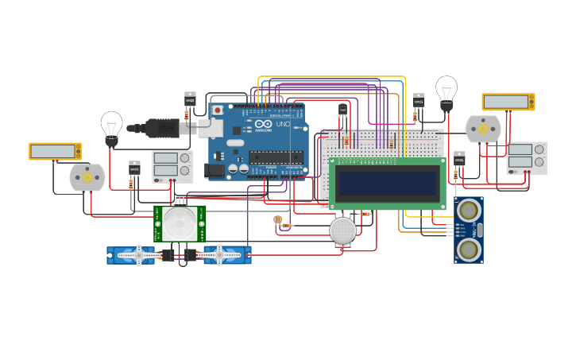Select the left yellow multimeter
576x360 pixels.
coord(55,151)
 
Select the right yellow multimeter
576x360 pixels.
coord(508,102)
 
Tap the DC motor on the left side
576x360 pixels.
coord(87,178)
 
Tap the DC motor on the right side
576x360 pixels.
coord(483,129)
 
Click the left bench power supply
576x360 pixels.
coord(172,166)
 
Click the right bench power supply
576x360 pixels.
coord(527,158)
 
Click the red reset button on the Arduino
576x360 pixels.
coord(217,110)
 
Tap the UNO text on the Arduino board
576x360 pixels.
coord(282,124)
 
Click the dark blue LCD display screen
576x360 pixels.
coord(388,184)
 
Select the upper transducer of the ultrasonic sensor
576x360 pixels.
coord(469,211)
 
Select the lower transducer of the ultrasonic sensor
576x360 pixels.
coord(469,250)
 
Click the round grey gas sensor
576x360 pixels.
coord(343,230)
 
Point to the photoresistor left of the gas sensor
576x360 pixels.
coord(277,219)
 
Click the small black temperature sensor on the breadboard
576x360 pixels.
coord(342,110)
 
